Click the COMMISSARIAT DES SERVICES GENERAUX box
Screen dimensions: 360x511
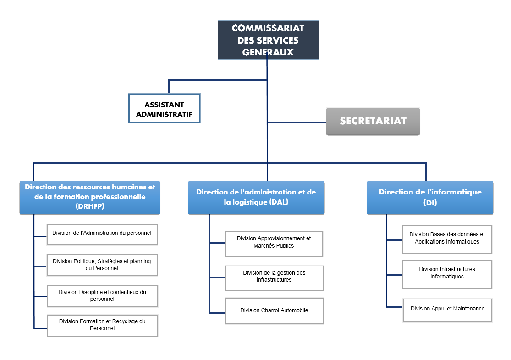click(x=268, y=40)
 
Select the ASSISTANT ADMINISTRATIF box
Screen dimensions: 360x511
click(x=164, y=109)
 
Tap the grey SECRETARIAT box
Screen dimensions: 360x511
click(x=373, y=122)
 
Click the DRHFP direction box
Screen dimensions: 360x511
click(x=90, y=197)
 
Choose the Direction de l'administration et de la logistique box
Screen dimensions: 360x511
click(x=256, y=197)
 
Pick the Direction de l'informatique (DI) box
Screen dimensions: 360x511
click(x=430, y=197)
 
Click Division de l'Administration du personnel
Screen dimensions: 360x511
click(x=102, y=233)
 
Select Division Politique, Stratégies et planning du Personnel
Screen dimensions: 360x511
click(x=102, y=265)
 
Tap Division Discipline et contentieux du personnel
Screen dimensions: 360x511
click(x=103, y=296)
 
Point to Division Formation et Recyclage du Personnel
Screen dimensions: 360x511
click(x=103, y=325)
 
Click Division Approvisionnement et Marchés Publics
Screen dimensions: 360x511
click(x=274, y=243)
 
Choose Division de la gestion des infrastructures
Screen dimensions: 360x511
click(x=275, y=277)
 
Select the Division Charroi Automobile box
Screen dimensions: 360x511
click(x=275, y=311)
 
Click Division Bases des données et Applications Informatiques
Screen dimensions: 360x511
click(x=447, y=238)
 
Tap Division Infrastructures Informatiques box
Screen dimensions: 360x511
click(x=447, y=273)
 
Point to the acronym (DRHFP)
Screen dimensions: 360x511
click(x=90, y=206)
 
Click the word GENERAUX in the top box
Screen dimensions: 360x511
click(x=268, y=52)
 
